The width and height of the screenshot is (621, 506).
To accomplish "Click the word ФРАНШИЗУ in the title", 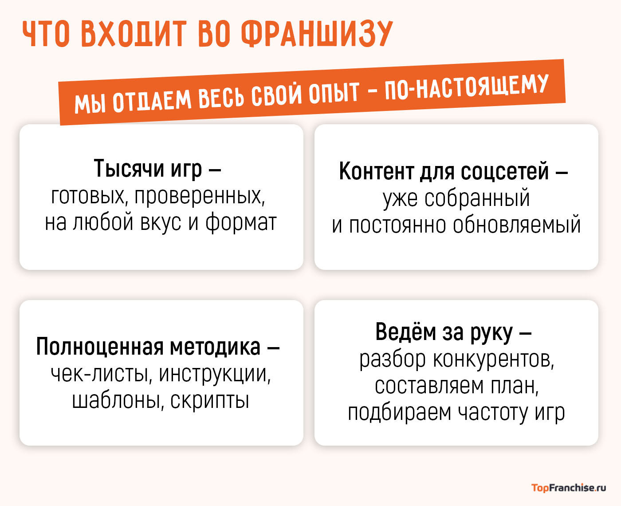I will click(x=317, y=34).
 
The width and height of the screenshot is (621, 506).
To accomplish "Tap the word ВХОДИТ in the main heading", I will click(x=133, y=34).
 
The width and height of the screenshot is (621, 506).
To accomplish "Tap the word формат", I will click(x=241, y=222).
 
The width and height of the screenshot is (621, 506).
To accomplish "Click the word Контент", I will click(x=377, y=171).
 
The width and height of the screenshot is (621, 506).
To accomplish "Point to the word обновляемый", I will click(x=517, y=225).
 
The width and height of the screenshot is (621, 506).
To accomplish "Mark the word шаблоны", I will click(x=117, y=400).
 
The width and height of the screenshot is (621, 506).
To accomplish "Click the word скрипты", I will click(x=209, y=401).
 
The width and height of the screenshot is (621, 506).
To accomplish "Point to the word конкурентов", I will click(x=493, y=359).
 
